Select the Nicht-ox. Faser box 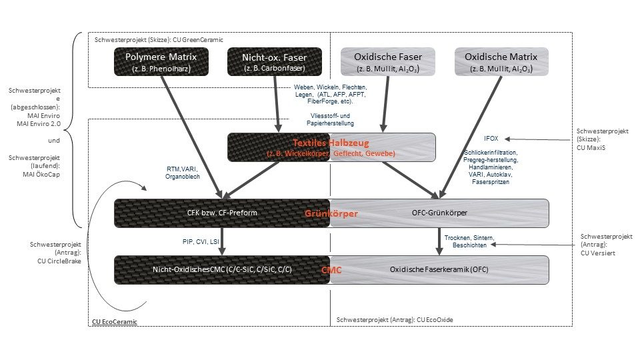(274, 62)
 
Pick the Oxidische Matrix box (501, 62)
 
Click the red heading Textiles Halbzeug (331, 143)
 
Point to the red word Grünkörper (331, 214)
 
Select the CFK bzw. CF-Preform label (223, 213)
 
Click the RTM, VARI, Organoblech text (189, 173)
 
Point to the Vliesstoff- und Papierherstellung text (330, 119)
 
